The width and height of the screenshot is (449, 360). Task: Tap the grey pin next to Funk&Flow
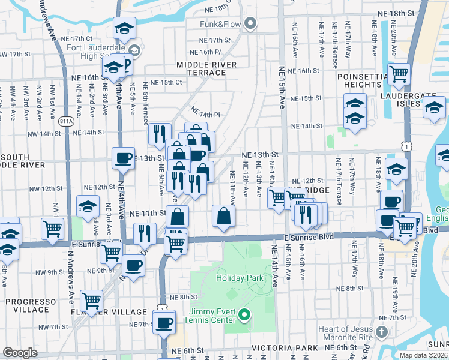point(250,24)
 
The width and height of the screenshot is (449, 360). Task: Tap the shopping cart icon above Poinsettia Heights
point(399,74)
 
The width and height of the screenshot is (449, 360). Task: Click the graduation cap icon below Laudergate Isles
point(434,107)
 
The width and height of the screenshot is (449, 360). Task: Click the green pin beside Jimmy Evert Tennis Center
point(244,314)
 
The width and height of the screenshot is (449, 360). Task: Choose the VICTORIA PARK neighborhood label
point(284,348)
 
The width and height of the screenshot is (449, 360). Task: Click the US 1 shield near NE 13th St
point(408,146)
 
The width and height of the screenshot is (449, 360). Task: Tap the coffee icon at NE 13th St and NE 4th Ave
point(123,158)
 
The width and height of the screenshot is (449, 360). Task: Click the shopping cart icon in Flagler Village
point(91,301)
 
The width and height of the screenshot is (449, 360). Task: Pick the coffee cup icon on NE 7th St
point(163,322)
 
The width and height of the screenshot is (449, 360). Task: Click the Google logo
point(20,353)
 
